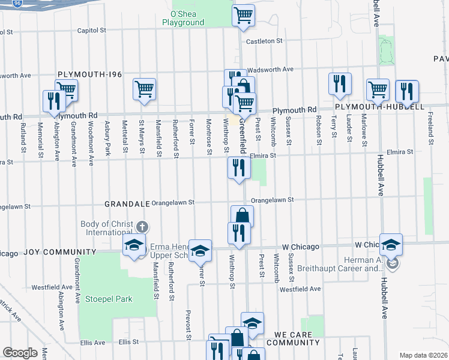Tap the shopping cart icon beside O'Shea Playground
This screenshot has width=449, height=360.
point(243,15)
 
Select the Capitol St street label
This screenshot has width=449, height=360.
point(91,30)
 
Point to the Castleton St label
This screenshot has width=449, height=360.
point(263,41)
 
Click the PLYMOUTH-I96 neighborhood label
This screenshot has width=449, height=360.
point(89,74)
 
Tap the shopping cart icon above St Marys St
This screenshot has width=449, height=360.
point(145,90)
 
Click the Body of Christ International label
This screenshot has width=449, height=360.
point(107,228)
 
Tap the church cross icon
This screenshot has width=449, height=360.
point(142,227)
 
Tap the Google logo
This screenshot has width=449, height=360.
point(20,353)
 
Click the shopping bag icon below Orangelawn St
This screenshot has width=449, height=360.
point(242,216)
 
